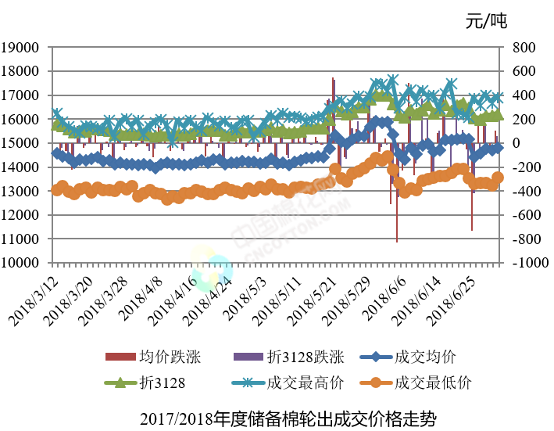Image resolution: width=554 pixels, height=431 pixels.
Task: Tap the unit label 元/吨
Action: pos(485,21)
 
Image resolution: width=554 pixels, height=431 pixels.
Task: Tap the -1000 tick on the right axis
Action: pos(525,263)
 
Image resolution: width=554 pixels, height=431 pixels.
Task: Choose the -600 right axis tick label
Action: pos(524,215)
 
